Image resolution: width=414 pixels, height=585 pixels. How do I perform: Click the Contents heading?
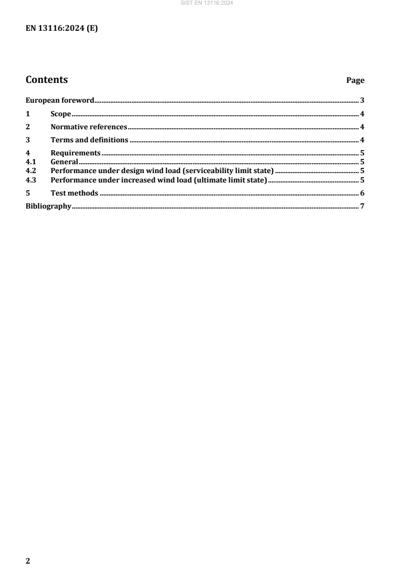coord(46,80)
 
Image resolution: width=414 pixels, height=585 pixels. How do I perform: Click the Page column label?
coord(356,81)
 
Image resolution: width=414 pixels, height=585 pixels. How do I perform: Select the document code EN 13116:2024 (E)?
coord(62,29)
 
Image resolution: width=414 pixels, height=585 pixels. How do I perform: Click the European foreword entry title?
coord(60,100)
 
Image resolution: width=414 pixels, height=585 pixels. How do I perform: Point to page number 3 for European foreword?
coord(362,100)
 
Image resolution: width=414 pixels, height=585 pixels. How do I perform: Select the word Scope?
coord(61,114)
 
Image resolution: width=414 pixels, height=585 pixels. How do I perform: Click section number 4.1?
coord(31,162)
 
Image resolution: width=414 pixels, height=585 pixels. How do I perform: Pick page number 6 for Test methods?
coord(362,193)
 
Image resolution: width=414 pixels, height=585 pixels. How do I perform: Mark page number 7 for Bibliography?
coord(362,207)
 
